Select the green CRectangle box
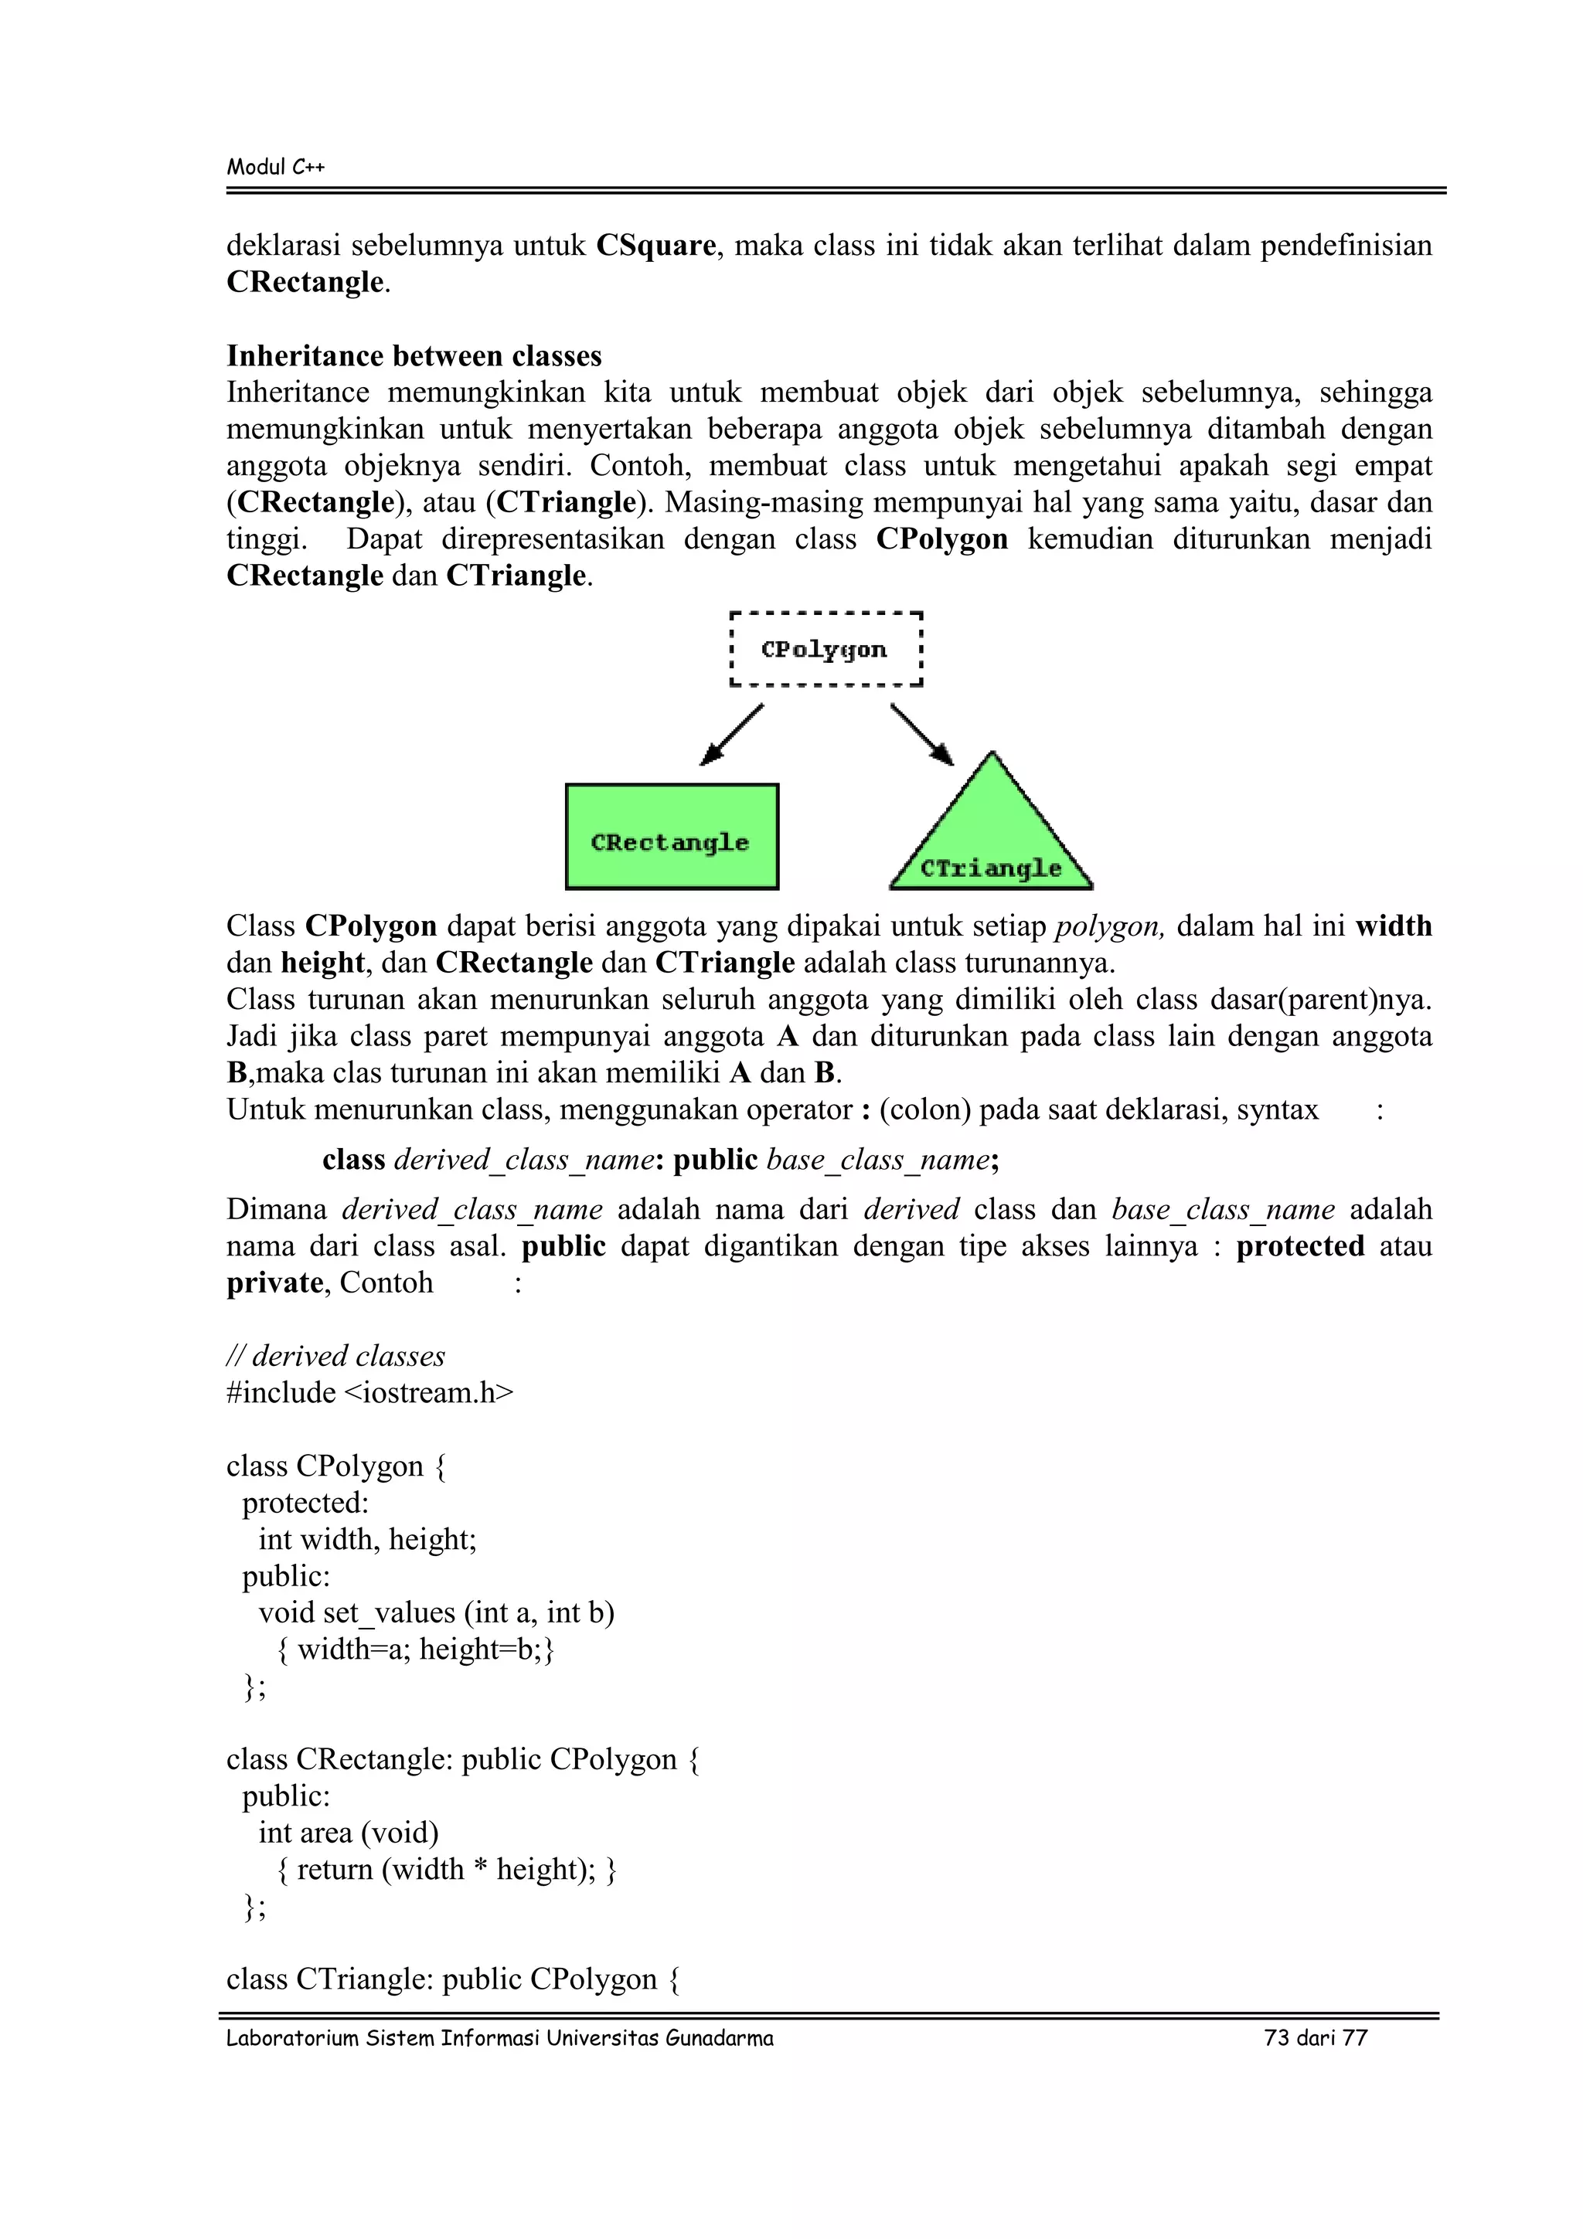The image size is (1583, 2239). click(671, 837)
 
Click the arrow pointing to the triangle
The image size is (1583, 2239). click(921, 734)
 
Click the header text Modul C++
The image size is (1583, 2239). click(276, 167)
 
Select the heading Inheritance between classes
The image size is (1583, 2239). click(414, 356)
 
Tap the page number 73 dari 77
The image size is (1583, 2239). click(1315, 2038)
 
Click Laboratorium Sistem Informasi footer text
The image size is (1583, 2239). click(499, 2038)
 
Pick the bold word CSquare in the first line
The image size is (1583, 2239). click(655, 245)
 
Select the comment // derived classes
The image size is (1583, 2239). click(335, 1355)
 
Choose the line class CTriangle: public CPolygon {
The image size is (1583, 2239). click(453, 1979)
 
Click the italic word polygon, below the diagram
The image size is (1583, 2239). click(1110, 926)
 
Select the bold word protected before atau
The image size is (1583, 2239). click(1299, 1246)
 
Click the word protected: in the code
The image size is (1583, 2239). click(305, 1503)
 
